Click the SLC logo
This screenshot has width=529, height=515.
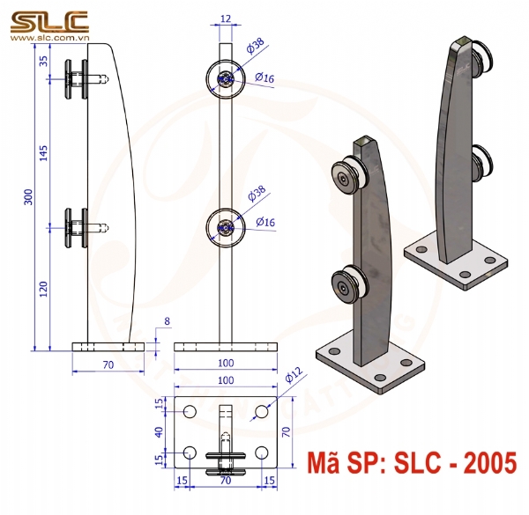48,18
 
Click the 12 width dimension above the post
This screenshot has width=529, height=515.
226,18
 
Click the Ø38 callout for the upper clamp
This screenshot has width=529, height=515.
257,50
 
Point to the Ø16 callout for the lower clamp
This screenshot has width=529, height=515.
264,222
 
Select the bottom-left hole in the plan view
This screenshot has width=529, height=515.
190,453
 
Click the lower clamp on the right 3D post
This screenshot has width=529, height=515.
483,160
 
